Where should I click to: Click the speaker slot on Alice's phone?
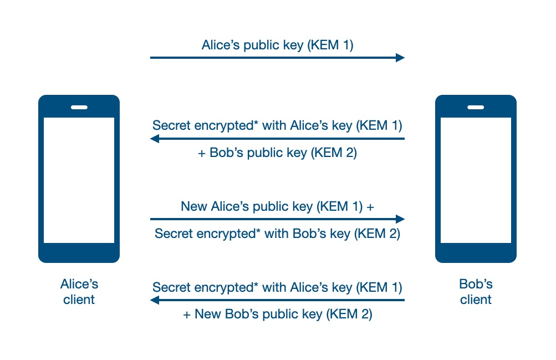[x=79, y=107]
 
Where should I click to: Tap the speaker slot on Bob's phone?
[x=476, y=107]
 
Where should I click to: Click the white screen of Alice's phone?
[x=79, y=180]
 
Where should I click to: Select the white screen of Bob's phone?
[x=476, y=180]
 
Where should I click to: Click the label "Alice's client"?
[x=79, y=292]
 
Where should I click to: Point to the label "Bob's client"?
[x=476, y=292]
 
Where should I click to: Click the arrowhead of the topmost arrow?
[x=400, y=57]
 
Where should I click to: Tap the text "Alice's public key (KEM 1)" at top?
[x=277, y=45]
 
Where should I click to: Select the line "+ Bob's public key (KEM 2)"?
[x=277, y=153]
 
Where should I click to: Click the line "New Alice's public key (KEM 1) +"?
[x=277, y=207]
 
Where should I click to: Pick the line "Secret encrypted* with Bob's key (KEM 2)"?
[x=277, y=234]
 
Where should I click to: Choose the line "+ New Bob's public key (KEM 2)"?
[x=277, y=315]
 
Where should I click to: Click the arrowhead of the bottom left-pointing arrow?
[x=155, y=300]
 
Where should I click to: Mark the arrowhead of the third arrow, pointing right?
[x=400, y=219]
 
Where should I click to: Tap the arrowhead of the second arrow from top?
[x=155, y=139]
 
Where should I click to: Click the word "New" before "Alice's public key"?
[x=194, y=207]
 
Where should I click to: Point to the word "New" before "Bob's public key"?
[x=208, y=315]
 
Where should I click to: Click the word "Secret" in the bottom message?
[x=172, y=287]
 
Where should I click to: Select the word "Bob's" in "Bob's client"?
[x=476, y=285]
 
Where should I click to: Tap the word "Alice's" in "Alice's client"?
[x=79, y=285]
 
